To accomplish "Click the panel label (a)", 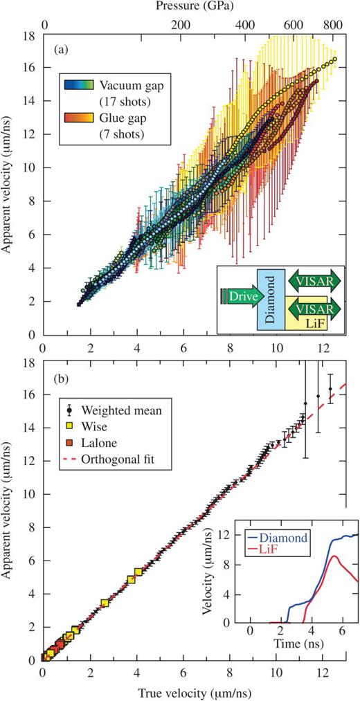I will pos(58,51).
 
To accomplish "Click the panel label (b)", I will pos(58,379).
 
